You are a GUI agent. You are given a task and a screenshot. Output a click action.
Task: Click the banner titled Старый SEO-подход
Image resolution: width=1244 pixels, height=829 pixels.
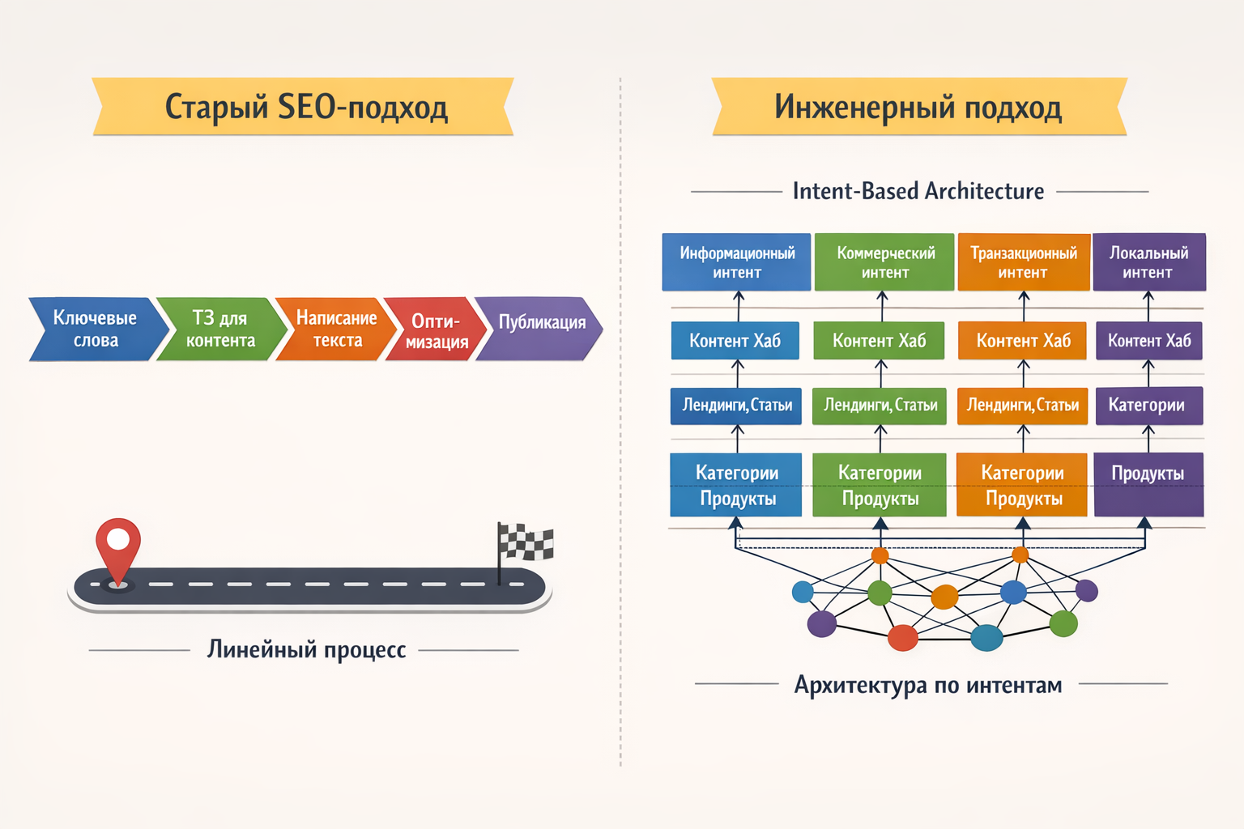point(304,106)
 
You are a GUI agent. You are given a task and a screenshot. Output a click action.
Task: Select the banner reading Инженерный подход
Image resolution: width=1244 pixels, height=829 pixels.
point(918,106)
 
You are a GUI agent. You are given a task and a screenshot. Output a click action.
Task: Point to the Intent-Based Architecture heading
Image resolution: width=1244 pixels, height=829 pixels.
point(918,191)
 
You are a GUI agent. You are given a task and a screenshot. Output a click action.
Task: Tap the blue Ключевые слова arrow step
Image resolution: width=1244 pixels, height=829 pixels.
point(95,329)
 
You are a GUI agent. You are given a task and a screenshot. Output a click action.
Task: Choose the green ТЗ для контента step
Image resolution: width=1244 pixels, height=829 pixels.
point(220,329)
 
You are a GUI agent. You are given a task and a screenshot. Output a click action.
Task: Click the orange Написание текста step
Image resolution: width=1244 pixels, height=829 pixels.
point(336,329)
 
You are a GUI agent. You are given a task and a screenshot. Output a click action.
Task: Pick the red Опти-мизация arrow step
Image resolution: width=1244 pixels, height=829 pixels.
point(436,330)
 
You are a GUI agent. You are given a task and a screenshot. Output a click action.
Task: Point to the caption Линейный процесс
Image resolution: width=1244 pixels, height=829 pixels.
point(306,649)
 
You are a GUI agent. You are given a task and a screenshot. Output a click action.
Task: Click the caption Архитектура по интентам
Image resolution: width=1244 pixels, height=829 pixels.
point(928,685)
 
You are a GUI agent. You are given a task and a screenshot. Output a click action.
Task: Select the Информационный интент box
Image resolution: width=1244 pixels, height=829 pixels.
point(736,262)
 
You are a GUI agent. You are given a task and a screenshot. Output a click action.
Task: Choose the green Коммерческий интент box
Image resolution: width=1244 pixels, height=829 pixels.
point(884,262)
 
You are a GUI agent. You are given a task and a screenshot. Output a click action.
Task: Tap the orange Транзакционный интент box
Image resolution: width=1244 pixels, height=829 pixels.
point(1023,262)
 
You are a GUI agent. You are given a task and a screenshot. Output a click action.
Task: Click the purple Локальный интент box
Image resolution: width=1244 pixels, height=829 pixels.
point(1148,262)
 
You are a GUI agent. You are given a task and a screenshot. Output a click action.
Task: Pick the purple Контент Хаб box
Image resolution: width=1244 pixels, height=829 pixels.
point(1148,341)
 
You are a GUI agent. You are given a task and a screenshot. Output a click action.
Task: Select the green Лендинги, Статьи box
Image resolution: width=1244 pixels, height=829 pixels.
point(880,406)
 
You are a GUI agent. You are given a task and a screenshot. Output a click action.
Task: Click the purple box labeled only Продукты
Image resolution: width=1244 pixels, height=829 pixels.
point(1148,484)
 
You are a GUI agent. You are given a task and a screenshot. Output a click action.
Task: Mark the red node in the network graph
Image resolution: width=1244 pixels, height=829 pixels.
point(903,638)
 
